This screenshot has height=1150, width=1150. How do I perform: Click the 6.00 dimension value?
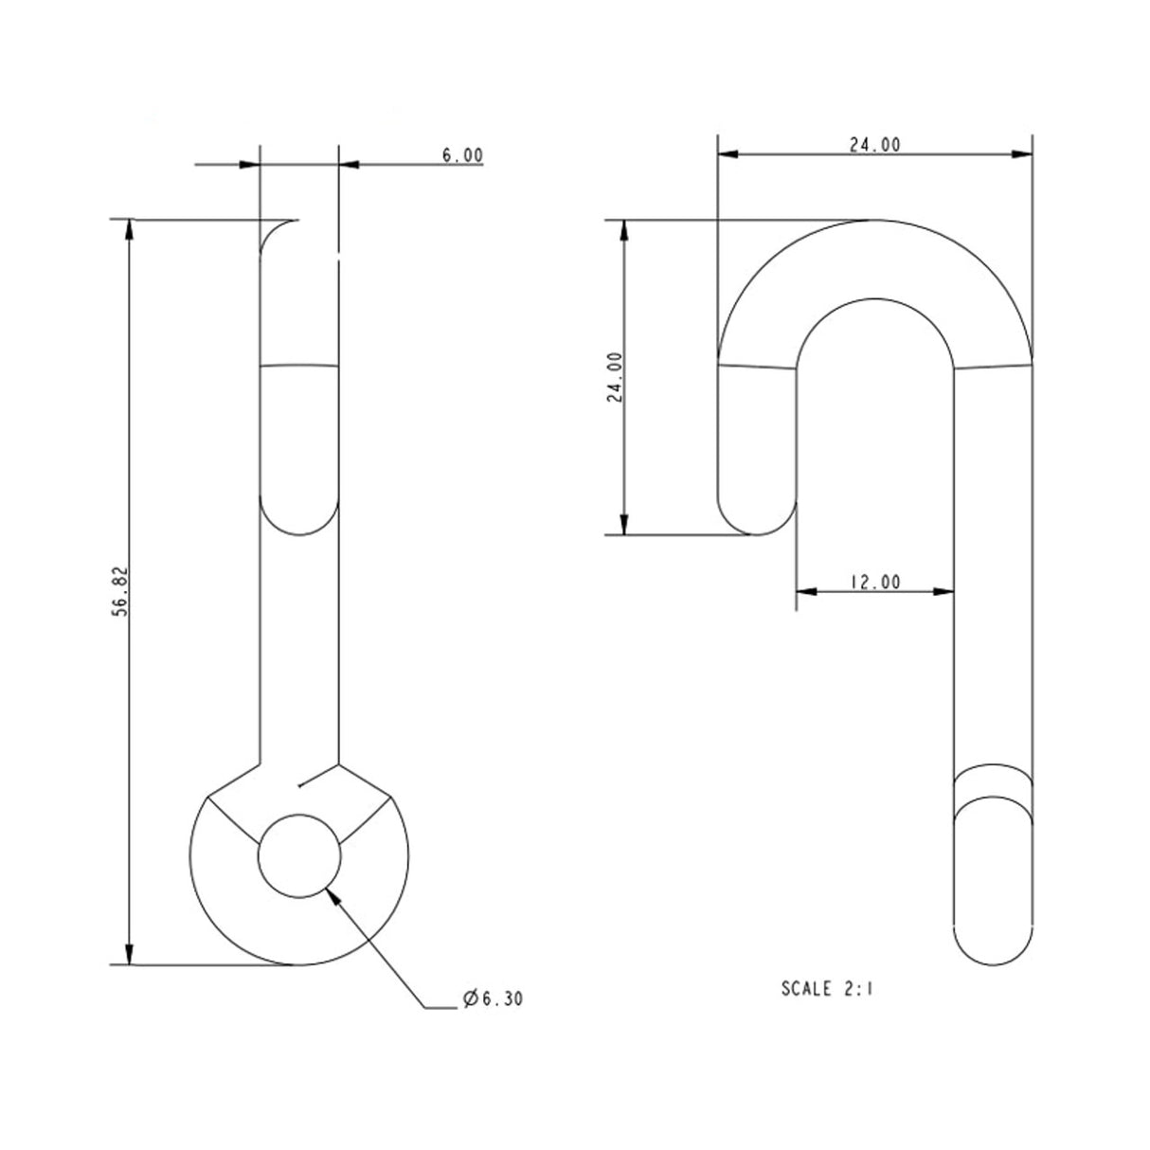[x=462, y=155]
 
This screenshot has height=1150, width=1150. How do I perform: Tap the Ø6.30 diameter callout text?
[x=493, y=998]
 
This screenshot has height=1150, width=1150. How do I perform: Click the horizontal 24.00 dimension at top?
[x=873, y=144]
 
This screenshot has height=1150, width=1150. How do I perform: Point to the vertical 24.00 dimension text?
[x=615, y=377]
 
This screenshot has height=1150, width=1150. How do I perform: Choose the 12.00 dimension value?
[x=873, y=583]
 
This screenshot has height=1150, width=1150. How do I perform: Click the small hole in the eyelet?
[x=298, y=854]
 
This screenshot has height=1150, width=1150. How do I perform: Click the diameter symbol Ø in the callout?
[x=469, y=998]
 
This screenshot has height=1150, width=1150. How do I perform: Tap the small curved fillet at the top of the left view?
[x=275, y=233]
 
